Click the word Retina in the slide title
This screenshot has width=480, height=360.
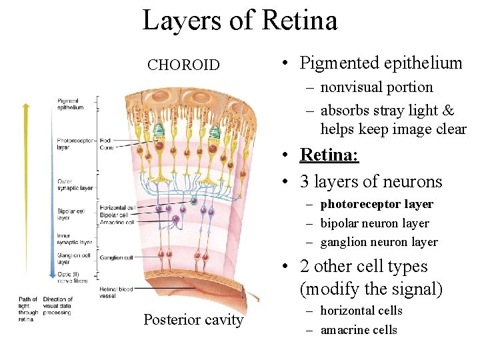[300, 20]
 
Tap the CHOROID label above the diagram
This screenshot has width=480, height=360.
[183, 65]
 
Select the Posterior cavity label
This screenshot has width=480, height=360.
[193, 320]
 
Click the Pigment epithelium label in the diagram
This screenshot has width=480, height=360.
[70, 103]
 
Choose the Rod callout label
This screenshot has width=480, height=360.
[105, 140]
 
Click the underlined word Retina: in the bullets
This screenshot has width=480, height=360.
[329, 155]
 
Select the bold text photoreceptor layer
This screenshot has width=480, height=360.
[377, 204]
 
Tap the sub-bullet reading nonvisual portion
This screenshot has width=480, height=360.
[377, 87]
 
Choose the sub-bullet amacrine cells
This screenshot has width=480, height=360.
[359, 330]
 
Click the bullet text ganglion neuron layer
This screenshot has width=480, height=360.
[379, 242]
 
